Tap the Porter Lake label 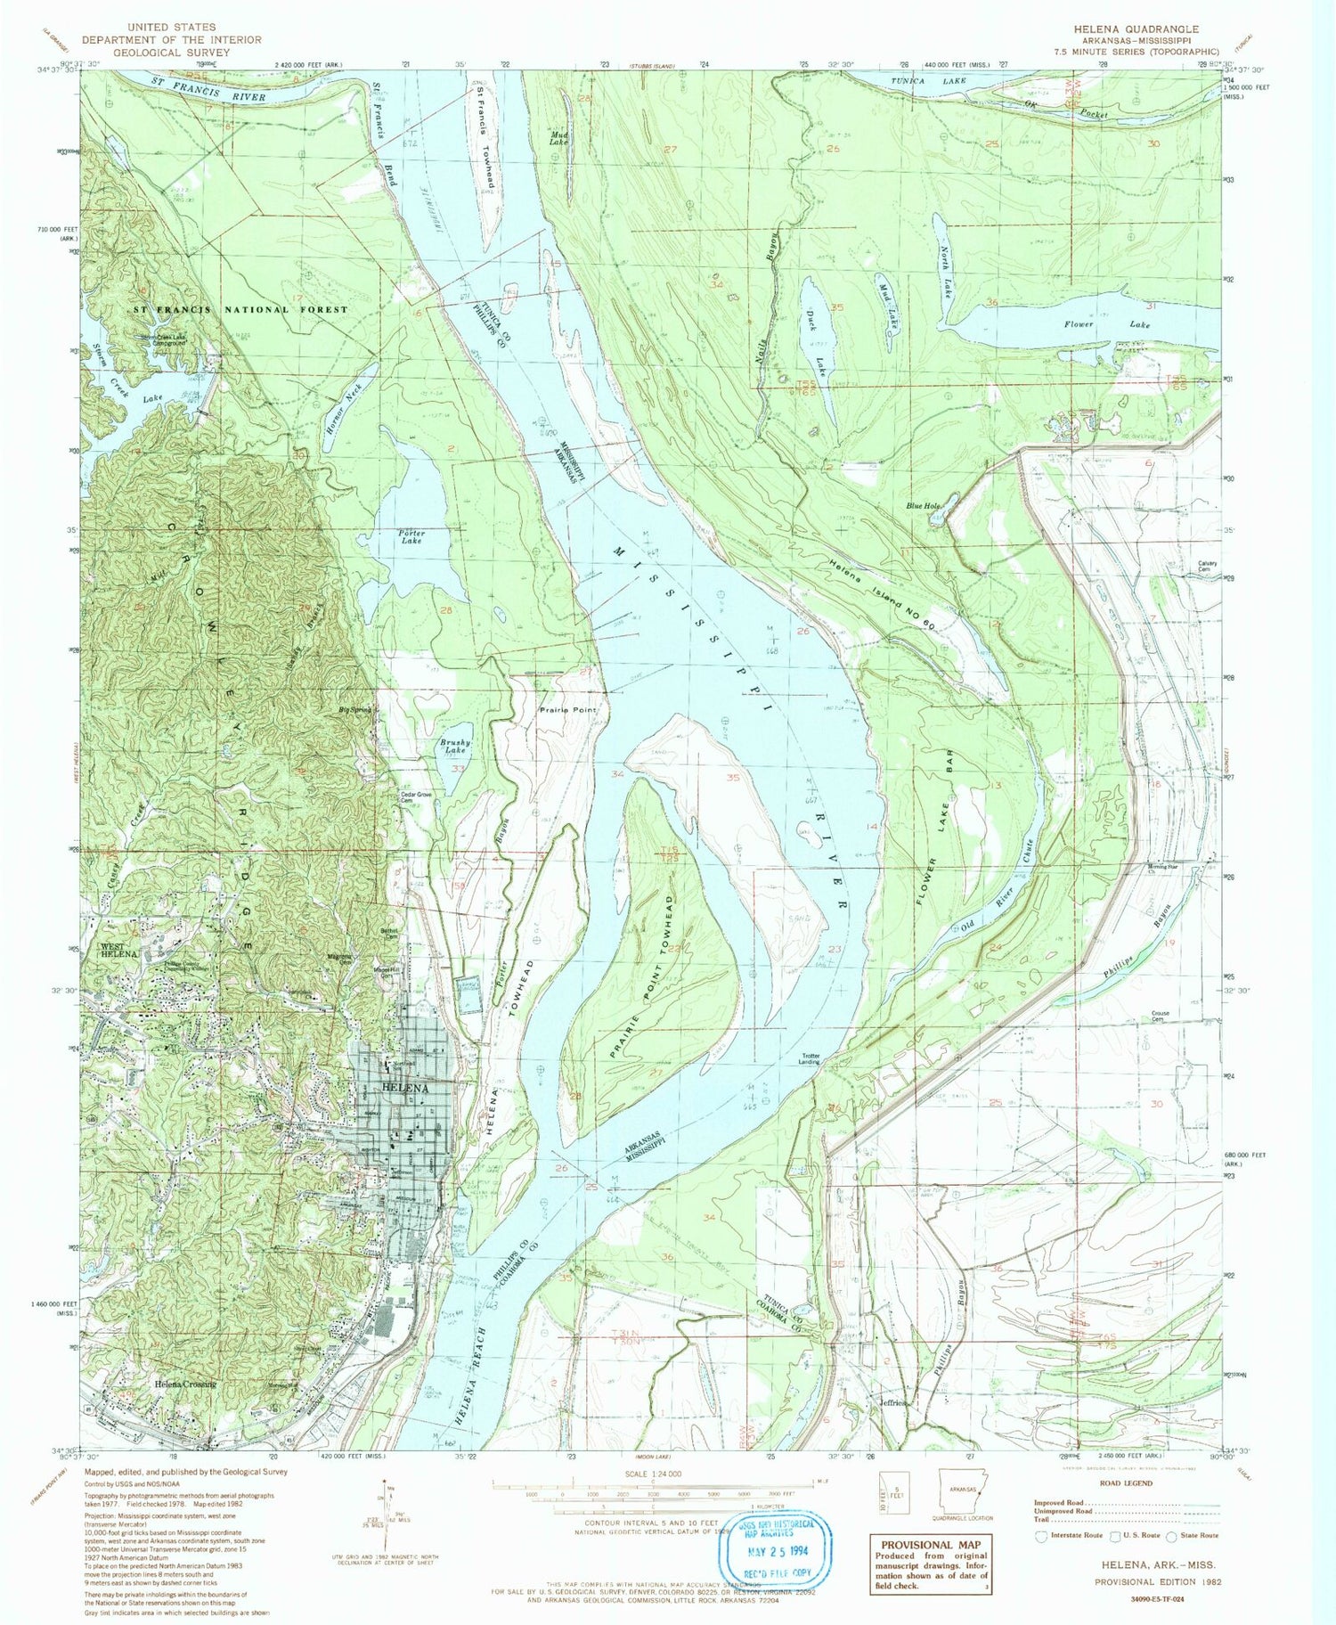[x=411, y=537]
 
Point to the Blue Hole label [x=924, y=506]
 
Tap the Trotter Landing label [x=809, y=1058]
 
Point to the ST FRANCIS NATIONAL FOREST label [x=240, y=309]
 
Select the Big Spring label [x=355, y=710]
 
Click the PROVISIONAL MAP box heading [x=930, y=1546]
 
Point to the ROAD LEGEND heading [x=1125, y=1483]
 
